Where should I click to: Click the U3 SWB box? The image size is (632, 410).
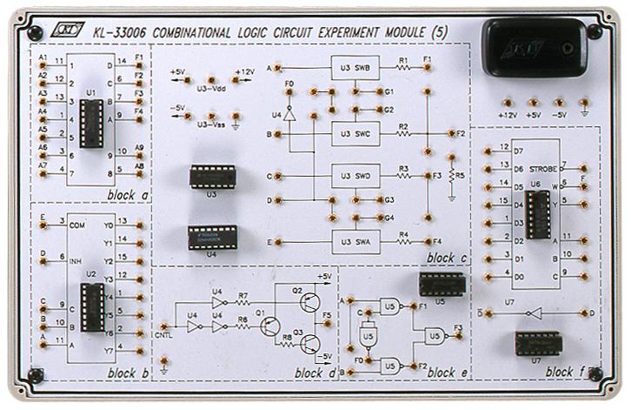[x=356, y=67]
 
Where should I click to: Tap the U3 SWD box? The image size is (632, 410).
[x=356, y=177]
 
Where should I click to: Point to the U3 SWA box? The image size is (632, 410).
[x=356, y=241]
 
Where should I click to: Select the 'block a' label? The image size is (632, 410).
[x=126, y=194]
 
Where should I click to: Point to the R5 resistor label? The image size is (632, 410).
[x=460, y=175]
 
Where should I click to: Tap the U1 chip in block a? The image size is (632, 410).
[x=90, y=117]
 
